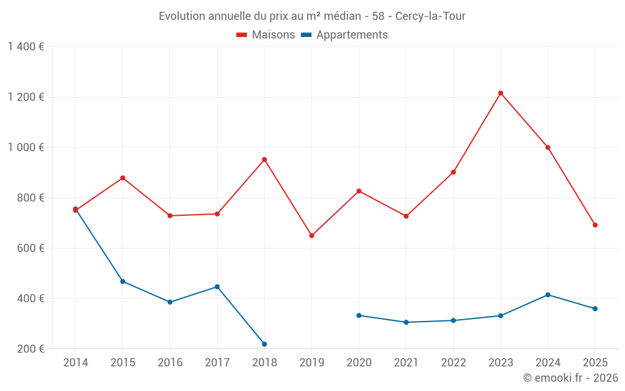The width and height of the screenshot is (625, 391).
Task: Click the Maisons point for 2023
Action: point(501,93)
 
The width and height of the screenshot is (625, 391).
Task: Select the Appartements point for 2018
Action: point(264,344)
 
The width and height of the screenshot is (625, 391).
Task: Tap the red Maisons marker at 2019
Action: point(312,236)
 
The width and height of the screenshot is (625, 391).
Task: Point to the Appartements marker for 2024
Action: point(548,295)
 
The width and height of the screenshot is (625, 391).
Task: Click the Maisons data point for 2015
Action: point(122,178)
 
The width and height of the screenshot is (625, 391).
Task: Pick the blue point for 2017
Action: point(217,287)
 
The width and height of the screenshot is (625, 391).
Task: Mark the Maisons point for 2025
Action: point(595,225)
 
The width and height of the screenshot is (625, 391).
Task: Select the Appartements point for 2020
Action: point(359,315)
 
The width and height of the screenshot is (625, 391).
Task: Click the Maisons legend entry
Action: point(266,35)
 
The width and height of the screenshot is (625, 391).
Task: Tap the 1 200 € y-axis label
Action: point(26,97)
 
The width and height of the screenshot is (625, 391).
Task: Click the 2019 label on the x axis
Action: point(312,363)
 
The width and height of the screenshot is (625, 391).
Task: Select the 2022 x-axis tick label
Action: point(453,363)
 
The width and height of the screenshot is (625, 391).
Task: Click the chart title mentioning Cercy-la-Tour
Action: point(312,16)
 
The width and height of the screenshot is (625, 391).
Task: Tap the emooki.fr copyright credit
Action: point(570,378)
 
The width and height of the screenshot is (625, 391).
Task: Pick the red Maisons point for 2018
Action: point(264,160)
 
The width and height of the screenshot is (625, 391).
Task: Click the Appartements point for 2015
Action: point(122,282)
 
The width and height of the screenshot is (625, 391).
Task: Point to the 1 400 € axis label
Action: point(26,47)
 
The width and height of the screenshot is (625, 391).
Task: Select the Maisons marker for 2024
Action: point(548,148)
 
